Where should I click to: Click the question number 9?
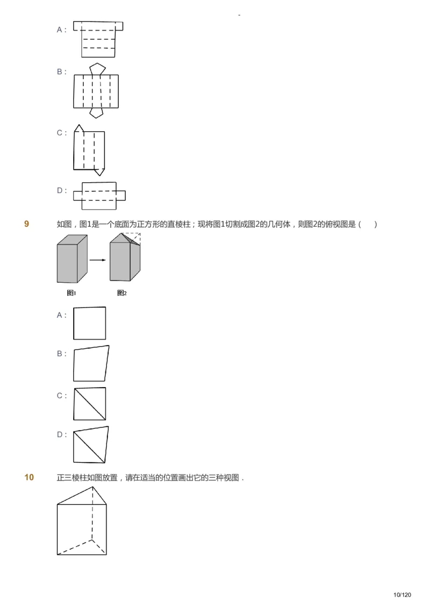(x=27, y=224)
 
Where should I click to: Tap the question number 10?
(x=29, y=477)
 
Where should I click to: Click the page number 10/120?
(x=402, y=594)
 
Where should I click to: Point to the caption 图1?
(x=71, y=293)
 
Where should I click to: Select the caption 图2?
(x=122, y=293)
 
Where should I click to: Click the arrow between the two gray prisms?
(x=97, y=260)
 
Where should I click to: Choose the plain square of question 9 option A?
(x=89, y=323)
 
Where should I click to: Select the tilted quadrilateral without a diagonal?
(x=91, y=364)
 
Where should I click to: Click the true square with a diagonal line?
(x=89, y=404)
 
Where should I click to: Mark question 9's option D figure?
(x=90, y=445)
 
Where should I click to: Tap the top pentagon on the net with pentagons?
(x=97, y=69)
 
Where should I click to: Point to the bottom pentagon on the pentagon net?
(x=97, y=112)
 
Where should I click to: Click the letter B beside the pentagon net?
(x=60, y=71)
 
